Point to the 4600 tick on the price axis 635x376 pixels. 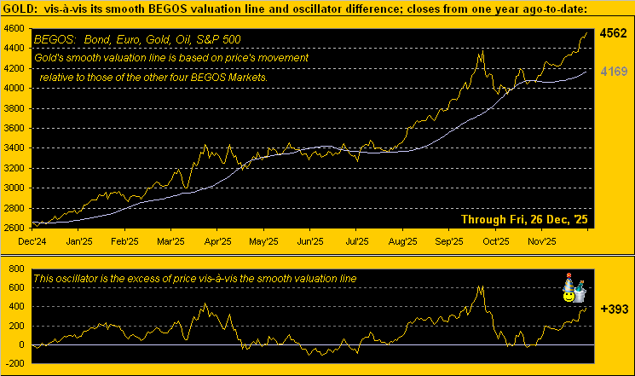coord(14,28)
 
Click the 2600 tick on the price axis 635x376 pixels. coord(14,228)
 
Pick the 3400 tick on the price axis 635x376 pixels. coord(14,148)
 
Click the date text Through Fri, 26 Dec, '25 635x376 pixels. coord(524,219)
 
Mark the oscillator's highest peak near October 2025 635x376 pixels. coord(480,286)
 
